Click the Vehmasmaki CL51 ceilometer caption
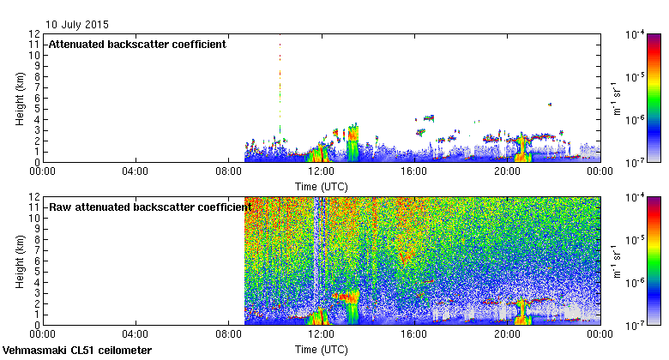[x=77, y=351]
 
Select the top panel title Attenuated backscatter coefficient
[x=137, y=44]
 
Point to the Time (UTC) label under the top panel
[x=321, y=185]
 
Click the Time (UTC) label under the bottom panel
[x=321, y=349]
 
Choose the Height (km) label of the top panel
[x=20, y=97]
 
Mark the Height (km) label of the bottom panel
[x=20, y=261]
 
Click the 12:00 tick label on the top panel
[x=321, y=171]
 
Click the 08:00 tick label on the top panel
[x=228, y=171]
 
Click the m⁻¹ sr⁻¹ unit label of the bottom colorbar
[x=617, y=261]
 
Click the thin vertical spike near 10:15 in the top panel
[x=280, y=86]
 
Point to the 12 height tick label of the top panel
[x=35, y=33]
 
